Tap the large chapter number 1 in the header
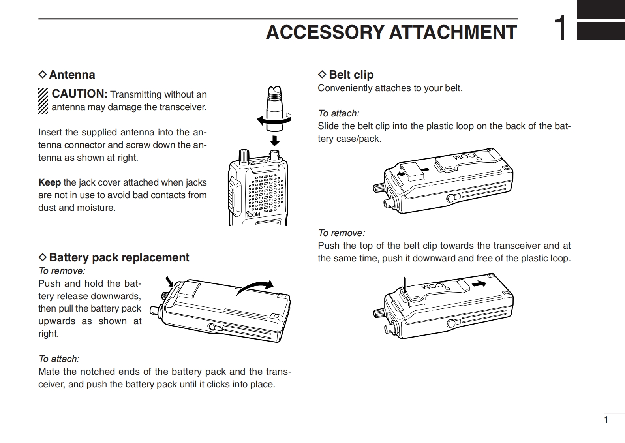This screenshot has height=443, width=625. click(560, 28)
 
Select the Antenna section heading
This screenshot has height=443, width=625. click(72, 75)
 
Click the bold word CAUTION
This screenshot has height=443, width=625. click(80, 94)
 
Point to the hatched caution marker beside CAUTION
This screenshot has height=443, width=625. click(43, 100)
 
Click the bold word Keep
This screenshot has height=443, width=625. click(49, 182)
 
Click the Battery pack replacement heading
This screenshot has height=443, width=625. click(119, 257)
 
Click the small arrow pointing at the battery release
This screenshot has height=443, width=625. click(170, 281)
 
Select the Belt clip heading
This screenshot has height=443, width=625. click(351, 75)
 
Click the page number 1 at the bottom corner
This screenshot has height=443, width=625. click(606, 420)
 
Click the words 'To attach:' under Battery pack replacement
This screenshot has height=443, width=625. click(59, 359)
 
